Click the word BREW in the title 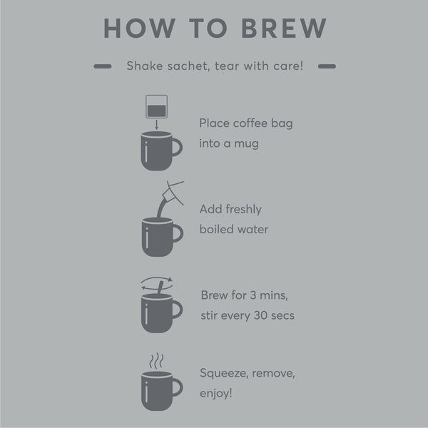(284, 28)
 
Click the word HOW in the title (139, 28)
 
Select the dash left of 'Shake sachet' (103, 66)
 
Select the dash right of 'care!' (327, 66)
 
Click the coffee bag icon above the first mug (156, 106)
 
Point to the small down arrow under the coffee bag (156, 124)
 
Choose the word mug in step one (246, 144)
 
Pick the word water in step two (253, 229)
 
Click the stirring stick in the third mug (160, 287)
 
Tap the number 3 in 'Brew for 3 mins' (253, 295)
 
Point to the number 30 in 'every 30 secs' (260, 315)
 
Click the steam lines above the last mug (157, 360)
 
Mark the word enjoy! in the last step (216, 393)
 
